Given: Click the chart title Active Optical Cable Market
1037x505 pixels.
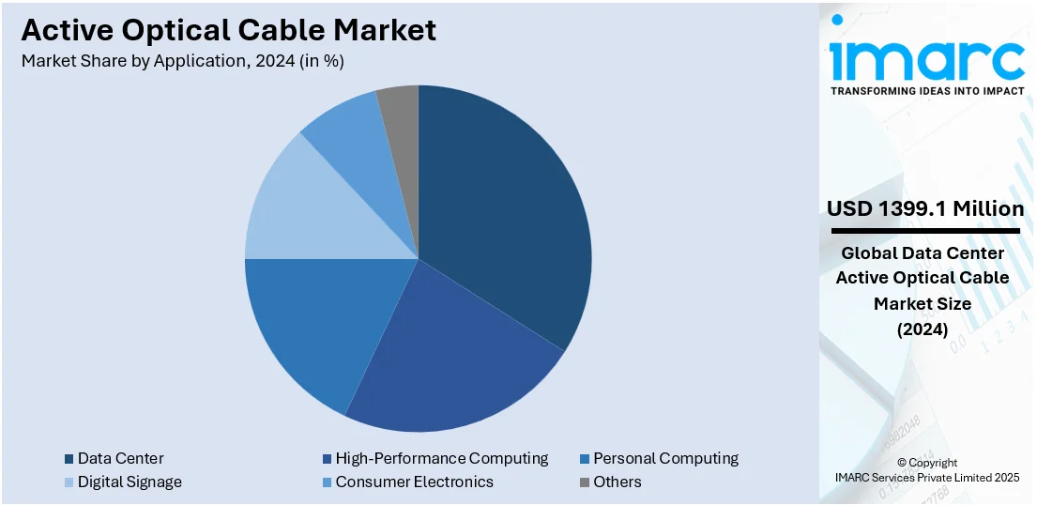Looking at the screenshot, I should pyautogui.click(x=228, y=30).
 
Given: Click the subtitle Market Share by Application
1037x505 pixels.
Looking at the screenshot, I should pyautogui.click(x=182, y=62).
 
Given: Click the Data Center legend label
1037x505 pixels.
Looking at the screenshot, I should pyautogui.click(x=120, y=458).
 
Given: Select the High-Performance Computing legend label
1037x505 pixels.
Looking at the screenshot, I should pyautogui.click(x=441, y=458).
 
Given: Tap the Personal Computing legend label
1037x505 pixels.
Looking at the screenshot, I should pyautogui.click(x=665, y=458).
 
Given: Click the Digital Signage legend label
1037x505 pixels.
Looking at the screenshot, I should pyautogui.click(x=130, y=482).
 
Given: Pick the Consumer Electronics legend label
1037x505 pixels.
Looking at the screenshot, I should pyautogui.click(x=414, y=482).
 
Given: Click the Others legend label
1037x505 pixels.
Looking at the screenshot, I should pyautogui.click(x=617, y=482).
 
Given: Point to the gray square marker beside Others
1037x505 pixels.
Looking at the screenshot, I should pyautogui.click(x=585, y=482).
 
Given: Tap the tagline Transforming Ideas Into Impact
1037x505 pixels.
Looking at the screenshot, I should pyautogui.click(x=926, y=91).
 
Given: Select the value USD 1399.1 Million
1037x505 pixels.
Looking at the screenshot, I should pyautogui.click(x=925, y=208).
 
